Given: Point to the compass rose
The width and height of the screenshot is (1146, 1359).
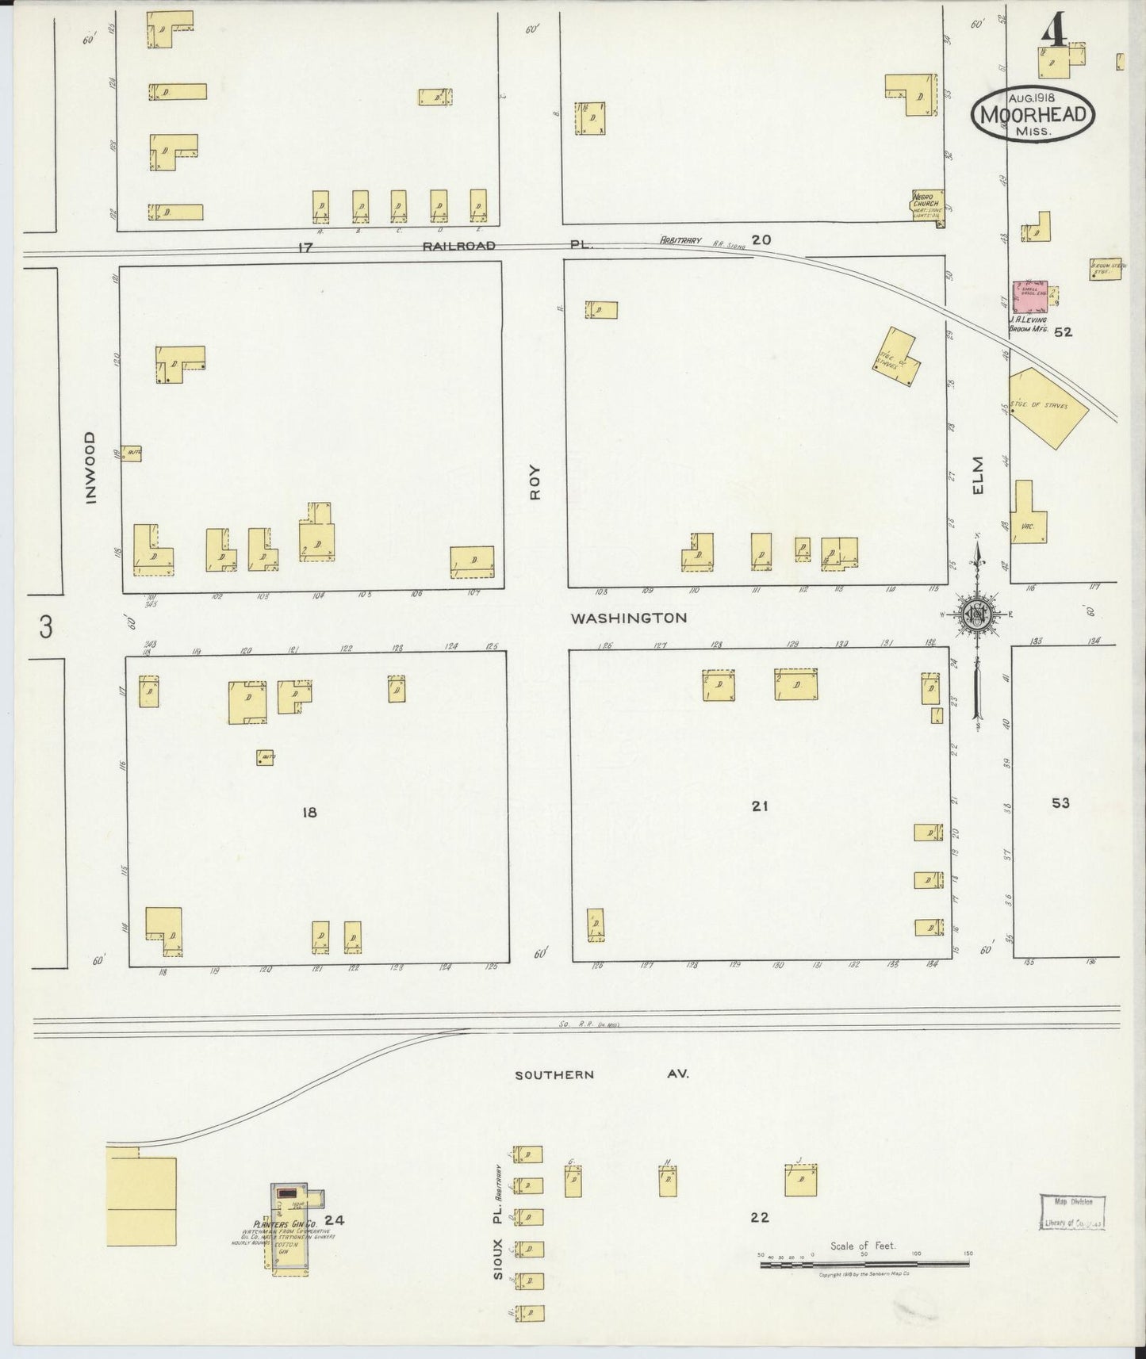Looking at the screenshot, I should (x=976, y=614).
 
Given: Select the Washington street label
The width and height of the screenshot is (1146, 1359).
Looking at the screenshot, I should (x=627, y=618).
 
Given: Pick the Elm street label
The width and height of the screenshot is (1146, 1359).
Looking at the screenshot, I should (x=977, y=475).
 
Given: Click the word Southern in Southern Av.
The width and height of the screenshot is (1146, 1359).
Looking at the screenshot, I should (x=554, y=1075).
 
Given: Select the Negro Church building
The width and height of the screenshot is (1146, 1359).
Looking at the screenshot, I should (x=927, y=206).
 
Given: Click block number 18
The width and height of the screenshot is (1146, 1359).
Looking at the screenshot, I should (x=309, y=812).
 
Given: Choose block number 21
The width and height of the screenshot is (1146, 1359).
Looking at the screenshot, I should (x=760, y=806).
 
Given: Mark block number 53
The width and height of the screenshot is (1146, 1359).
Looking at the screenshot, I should (x=1060, y=803).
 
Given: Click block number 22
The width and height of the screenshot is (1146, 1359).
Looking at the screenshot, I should (x=759, y=1217).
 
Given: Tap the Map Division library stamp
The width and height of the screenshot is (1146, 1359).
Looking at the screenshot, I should (x=1071, y=1212).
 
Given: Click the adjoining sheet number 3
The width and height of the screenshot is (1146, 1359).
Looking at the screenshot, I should (x=46, y=628).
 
